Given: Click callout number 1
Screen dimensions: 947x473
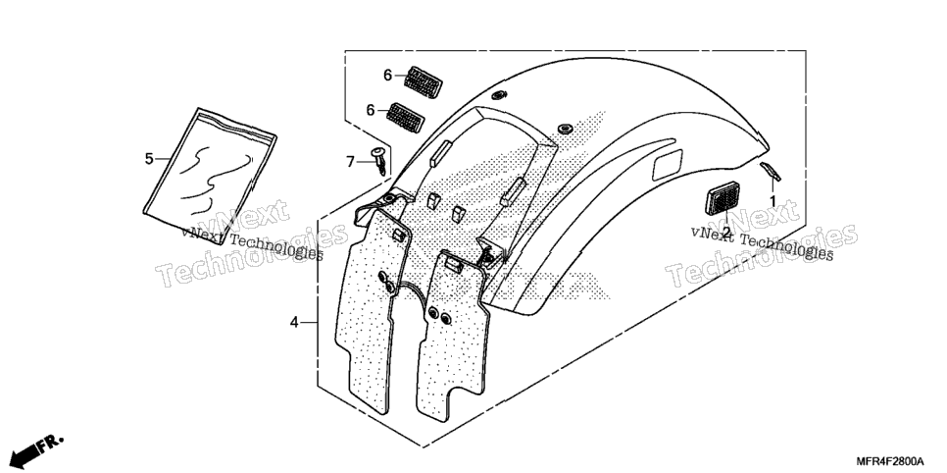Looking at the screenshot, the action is (772, 200).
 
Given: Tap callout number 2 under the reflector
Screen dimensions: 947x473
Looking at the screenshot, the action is (726, 232).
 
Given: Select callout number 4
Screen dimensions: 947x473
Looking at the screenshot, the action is (294, 323).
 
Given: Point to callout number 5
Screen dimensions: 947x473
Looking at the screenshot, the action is (149, 159).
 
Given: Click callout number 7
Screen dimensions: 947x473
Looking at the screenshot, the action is (350, 162).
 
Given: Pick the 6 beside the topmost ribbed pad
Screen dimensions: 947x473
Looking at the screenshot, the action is (388, 76).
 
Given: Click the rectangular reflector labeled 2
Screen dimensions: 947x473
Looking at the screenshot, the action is (723, 198).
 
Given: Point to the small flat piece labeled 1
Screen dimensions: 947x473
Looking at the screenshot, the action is (770, 171).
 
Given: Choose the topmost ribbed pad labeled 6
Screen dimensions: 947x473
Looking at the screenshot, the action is (423, 81).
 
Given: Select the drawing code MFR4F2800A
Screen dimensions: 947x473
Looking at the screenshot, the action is (889, 461).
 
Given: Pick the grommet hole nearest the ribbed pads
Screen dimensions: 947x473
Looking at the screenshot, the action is (499, 94).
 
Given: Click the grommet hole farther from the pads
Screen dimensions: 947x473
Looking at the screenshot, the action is (565, 129).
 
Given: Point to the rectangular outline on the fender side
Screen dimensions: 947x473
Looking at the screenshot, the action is (667, 165).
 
